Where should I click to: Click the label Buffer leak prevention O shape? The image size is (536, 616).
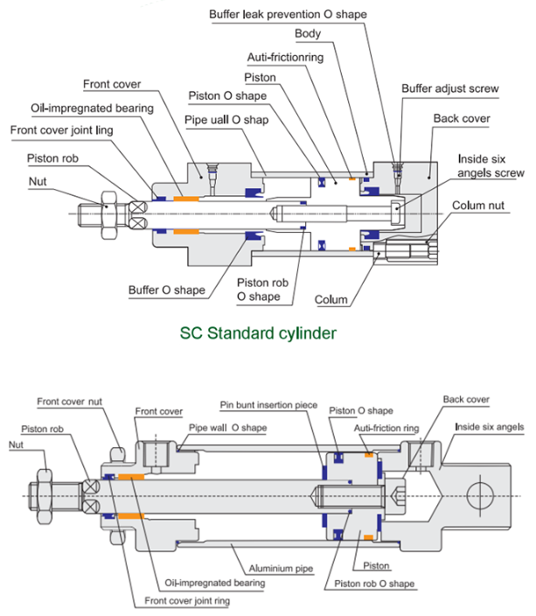tap(288, 15)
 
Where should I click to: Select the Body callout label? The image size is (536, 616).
tap(308, 34)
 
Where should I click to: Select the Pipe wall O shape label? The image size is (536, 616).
tap(227, 428)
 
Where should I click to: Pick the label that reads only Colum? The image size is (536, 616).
tap(331, 299)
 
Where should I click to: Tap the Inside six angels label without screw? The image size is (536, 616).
tap(489, 427)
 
